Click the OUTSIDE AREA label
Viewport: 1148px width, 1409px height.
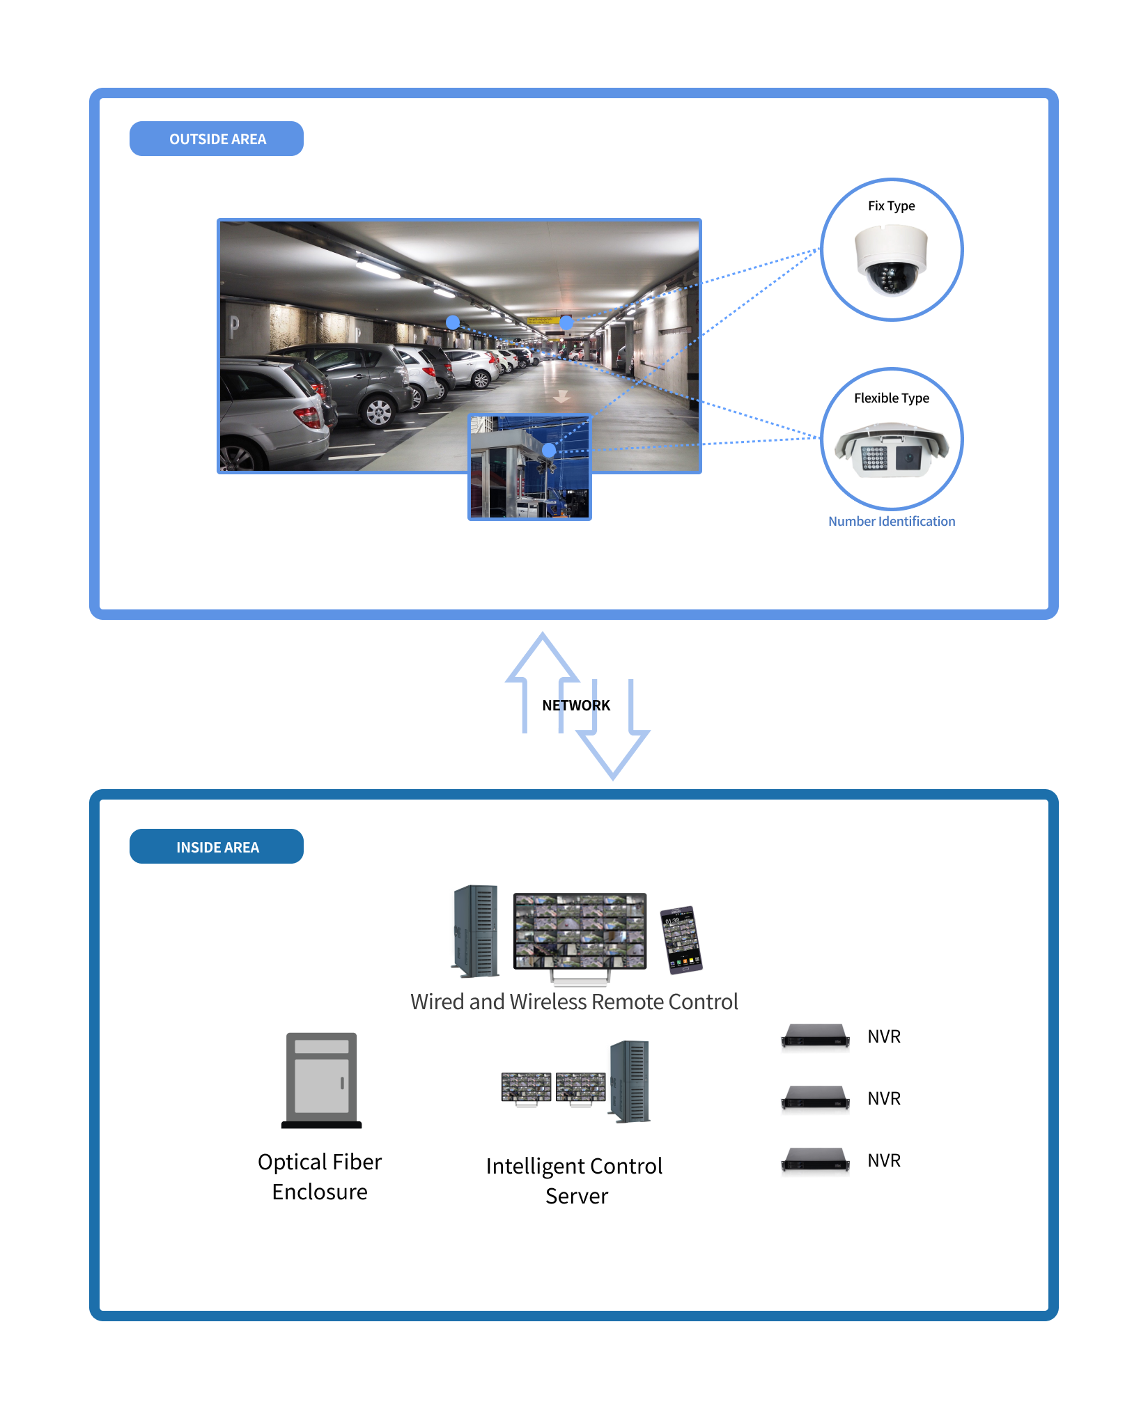(217, 139)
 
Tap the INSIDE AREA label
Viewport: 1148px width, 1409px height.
(217, 847)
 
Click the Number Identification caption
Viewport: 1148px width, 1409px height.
(891, 522)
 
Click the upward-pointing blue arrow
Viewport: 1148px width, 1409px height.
(542, 683)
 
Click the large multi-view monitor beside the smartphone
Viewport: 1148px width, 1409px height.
(580, 933)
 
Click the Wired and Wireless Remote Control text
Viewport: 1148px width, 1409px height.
(574, 1002)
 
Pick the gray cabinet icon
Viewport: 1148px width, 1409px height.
(322, 1079)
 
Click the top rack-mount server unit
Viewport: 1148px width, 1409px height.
(816, 1037)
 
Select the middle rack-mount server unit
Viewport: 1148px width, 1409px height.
(816, 1099)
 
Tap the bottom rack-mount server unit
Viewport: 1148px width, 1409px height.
(816, 1161)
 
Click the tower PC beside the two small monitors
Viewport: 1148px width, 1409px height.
(629, 1081)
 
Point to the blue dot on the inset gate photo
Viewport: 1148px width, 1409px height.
(549, 451)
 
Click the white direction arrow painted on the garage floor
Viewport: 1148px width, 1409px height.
(561, 396)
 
